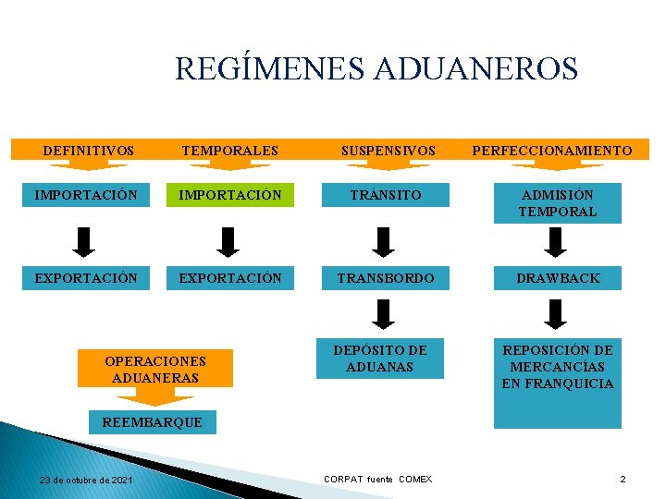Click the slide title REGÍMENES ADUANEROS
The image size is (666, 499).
[x=376, y=69]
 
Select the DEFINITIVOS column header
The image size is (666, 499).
[x=88, y=150]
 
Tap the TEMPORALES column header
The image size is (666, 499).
[x=229, y=150]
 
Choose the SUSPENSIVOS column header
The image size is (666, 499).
[x=388, y=150]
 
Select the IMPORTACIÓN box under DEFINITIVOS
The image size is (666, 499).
[x=85, y=195]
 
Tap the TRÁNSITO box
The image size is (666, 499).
[x=379, y=195]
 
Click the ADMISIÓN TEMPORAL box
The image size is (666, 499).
[x=558, y=203]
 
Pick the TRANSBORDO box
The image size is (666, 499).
[x=386, y=277]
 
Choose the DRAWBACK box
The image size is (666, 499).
[x=558, y=277]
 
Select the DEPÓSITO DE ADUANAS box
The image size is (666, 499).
[x=379, y=359]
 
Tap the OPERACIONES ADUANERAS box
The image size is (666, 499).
[x=155, y=368]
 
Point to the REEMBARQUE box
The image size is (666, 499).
[x=152, y=422]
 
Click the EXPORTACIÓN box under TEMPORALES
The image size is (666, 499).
[x=229, y=277]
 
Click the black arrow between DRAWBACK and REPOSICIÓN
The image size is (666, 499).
[x=556, y=314]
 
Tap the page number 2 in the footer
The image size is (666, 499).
[x=623, y=480]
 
